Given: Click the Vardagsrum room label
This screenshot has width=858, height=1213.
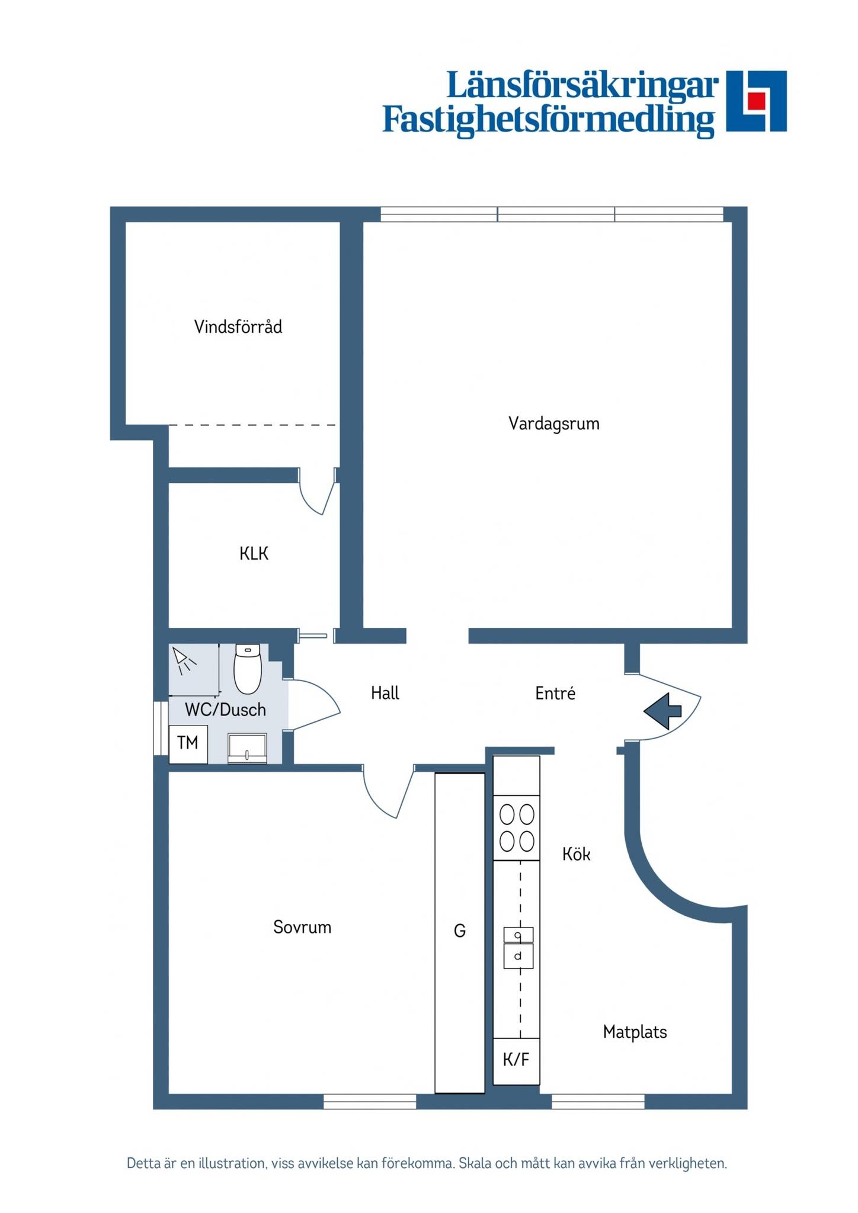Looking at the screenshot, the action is pos(554,424).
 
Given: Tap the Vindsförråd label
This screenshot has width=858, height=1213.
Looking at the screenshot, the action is pos(238,326).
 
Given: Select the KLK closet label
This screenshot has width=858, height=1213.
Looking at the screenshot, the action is pos(254,553).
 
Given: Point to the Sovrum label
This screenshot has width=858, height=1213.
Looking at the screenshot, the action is pos(302,927).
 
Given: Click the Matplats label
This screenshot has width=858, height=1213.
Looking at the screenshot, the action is pos(635,1032).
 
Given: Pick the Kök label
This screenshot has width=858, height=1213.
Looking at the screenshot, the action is pos(577,853).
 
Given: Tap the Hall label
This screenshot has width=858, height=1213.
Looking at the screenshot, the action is pos(385,693).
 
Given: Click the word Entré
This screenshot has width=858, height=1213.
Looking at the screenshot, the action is pos(555,693).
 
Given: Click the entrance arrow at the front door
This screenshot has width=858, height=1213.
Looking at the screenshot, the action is pos(662,710).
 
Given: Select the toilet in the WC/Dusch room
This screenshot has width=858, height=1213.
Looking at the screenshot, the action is pos(248,669).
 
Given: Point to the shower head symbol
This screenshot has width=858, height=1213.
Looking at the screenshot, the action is pos(184,661).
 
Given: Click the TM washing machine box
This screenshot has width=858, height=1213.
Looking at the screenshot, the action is pos(188,744).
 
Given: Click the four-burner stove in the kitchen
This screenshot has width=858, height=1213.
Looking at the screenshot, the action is pos(517,828).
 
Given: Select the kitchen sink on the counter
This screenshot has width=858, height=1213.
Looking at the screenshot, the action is pos(518,948).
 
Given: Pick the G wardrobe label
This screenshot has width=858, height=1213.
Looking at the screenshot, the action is pos(460,931).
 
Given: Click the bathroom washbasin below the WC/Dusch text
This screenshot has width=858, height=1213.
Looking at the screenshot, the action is pos(247,748).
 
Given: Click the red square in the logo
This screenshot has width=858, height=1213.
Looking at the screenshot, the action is pos(755,101).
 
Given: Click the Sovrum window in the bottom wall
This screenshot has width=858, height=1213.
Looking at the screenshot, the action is pos(370,1101).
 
